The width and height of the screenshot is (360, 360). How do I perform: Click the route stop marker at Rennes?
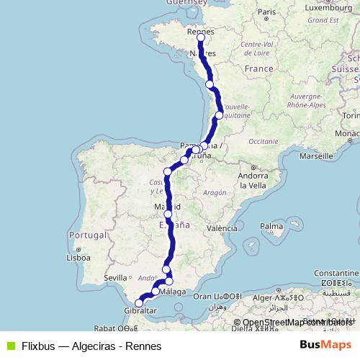(200, 37)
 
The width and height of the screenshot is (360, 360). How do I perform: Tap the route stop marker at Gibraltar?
(139, 303)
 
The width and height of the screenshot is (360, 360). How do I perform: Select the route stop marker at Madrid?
(168, 214)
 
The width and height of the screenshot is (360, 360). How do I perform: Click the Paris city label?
(267, 12)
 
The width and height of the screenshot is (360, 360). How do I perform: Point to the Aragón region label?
(214, 193)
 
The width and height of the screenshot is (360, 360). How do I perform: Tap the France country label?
(259, 68)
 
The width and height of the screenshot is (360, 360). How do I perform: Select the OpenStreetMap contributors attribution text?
(297, 322)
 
